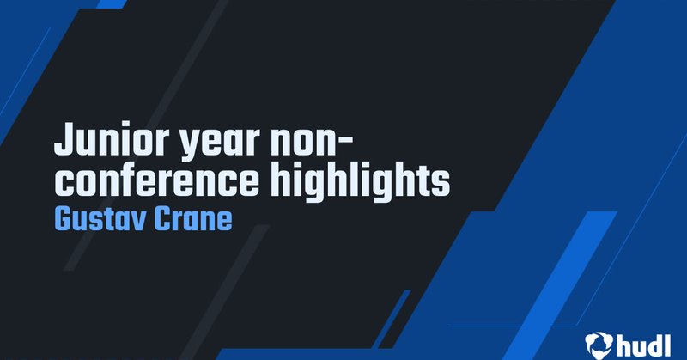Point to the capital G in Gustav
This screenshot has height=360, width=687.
tap(63, 218)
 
